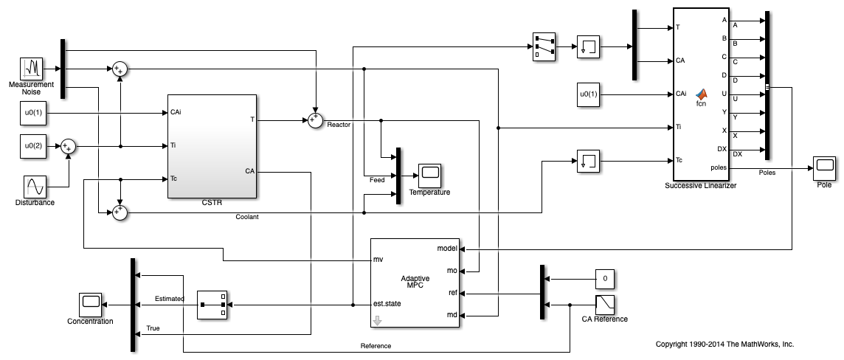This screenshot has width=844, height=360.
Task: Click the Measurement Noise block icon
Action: [x=31, y=69]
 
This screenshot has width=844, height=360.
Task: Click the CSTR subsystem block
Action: [x=212, y=146]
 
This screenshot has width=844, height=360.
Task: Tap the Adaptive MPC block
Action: [x=415, y=282]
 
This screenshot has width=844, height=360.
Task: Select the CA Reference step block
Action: [x=604, y=304]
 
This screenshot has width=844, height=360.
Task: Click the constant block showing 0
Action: [x=604, y=279]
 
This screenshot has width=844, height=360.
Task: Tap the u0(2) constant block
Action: [x=31, y=146]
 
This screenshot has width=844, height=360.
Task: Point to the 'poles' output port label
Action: [x=738, y=167]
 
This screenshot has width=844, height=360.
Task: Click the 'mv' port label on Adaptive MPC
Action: [x=378, y=260]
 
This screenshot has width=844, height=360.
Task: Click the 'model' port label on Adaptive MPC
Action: [x=447, y=248]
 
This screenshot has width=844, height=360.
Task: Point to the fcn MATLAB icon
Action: [x=702, y=95]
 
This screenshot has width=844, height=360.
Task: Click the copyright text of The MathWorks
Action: [x=724, y=345]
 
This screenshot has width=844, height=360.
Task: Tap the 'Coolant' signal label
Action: [x=246, y=217]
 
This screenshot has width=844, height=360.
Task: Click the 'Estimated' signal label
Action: [x=169, y=299]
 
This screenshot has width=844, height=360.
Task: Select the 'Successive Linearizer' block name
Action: [x=699, y=186]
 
